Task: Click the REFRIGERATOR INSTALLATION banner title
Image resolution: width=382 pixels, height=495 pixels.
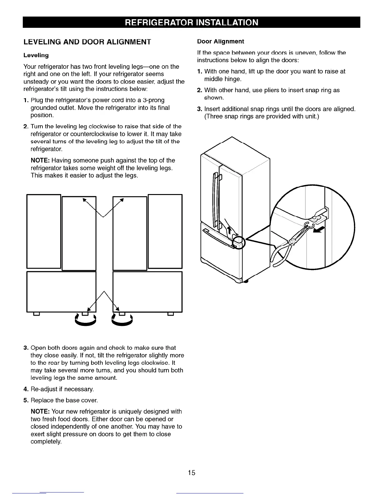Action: click(191, 22)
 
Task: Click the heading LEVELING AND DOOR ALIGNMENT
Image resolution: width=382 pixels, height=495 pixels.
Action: click(87, 42)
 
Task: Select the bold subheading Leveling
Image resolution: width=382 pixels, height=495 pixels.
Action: click(36, 55)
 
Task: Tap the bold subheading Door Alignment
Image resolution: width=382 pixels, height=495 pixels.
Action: click(220, 42)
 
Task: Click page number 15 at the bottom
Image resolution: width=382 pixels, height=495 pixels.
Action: click(191, 473)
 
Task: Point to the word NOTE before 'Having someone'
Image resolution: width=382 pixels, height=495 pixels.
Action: click(40, 160)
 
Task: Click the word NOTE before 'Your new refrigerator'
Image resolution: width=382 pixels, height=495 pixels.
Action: click(40, 412)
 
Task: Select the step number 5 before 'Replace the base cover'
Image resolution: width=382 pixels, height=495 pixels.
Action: click(25, 400)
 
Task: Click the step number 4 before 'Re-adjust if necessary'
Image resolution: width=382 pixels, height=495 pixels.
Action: click(25, 389)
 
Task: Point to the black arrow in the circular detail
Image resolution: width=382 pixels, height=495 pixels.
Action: click(319, 231)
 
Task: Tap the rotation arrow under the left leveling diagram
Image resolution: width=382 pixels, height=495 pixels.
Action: click(85, 320)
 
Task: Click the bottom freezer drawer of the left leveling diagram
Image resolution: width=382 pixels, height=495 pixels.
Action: click(61, 292)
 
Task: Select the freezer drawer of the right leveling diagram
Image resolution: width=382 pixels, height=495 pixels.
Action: click(147, 292)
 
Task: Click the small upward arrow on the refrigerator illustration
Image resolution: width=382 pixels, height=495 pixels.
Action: click(228, 231)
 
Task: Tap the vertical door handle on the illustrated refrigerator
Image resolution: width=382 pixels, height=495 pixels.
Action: click(215, 200)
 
